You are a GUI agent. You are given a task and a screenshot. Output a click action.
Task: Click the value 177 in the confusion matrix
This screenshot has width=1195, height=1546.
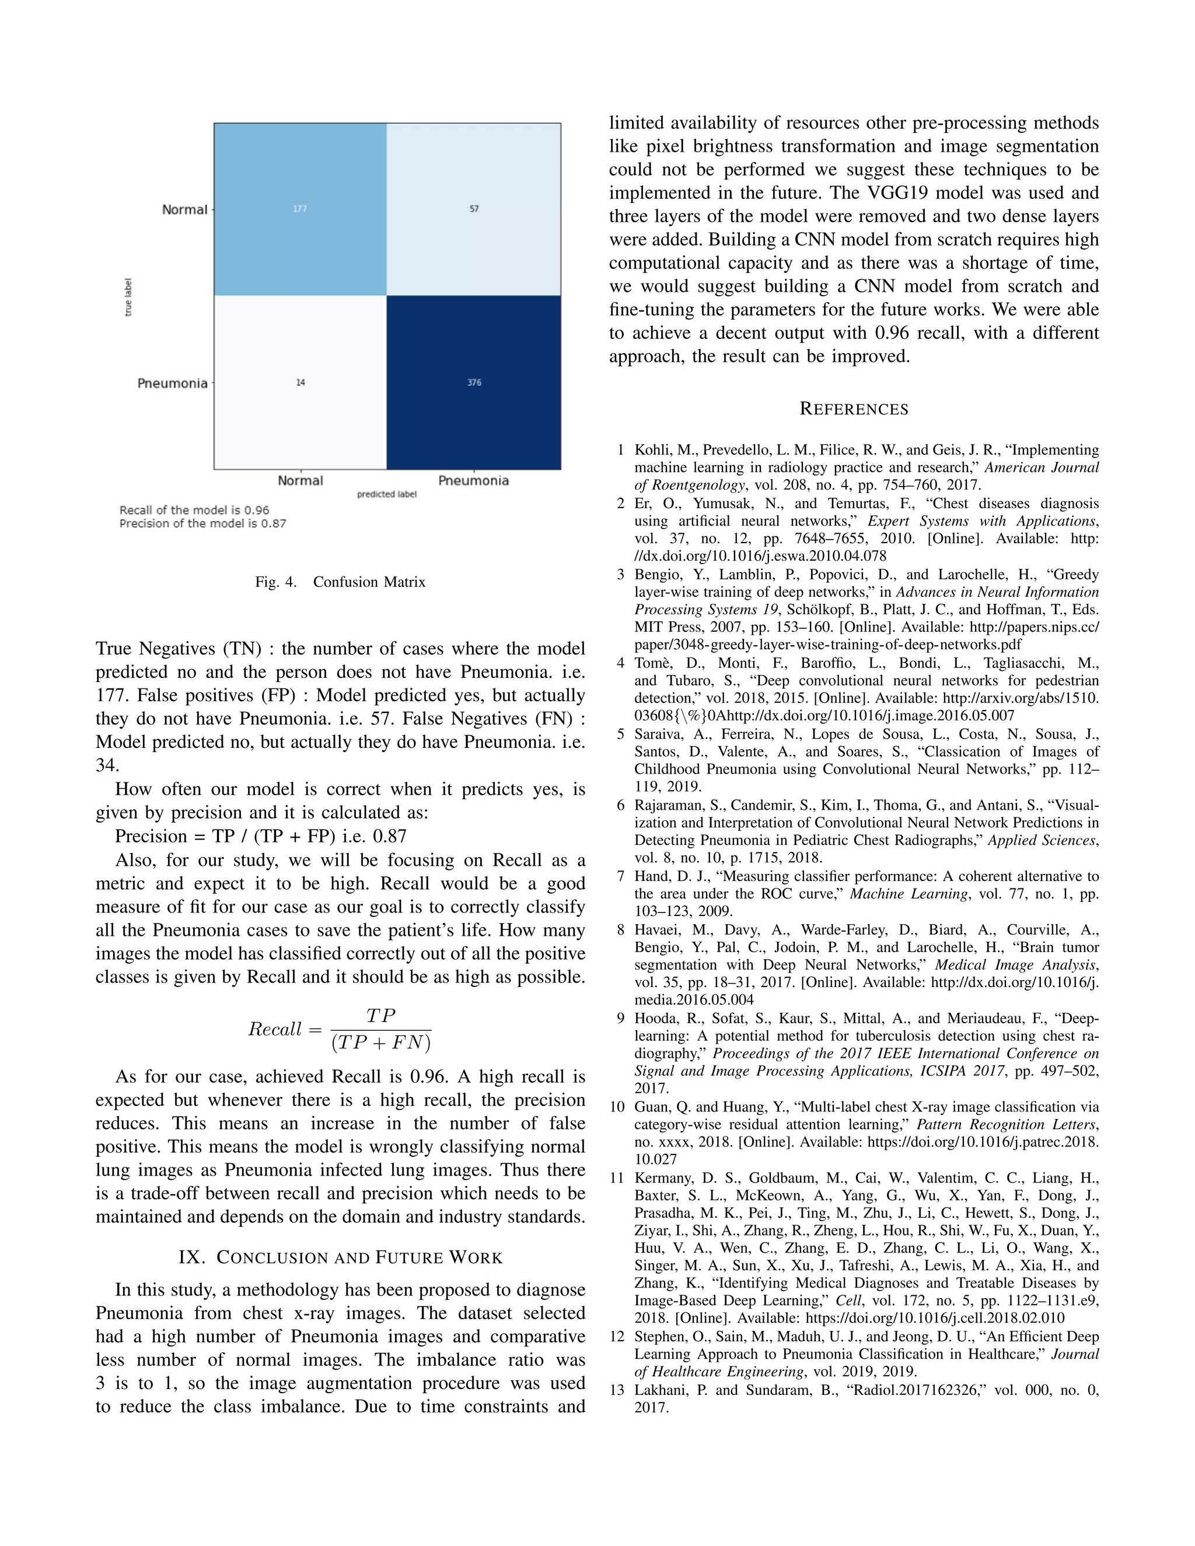coord(300,209)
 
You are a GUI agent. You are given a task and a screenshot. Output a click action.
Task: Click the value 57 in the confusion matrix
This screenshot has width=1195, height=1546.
coord(474,209)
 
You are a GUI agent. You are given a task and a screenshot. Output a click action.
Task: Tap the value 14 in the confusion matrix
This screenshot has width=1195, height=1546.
coord(300,382)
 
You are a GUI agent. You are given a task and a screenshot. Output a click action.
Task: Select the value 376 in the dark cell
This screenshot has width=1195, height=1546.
coord(474,382)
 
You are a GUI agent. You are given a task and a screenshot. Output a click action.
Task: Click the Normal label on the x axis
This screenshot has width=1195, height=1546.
coord(300,481)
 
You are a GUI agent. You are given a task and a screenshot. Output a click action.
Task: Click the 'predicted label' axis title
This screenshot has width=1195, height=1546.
coord(386,494)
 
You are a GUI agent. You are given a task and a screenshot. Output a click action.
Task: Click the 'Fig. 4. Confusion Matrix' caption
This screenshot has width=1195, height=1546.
coord(341,582)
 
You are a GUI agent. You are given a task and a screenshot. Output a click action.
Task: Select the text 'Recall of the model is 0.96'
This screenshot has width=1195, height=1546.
coord(194,510)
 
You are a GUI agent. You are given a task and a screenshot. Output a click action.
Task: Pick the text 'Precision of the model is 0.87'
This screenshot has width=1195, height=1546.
coord(202,523)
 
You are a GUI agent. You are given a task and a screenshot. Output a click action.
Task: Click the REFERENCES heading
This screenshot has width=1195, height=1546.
coord(854,409)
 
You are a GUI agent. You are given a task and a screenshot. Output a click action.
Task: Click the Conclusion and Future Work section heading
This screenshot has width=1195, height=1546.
coord(341,1258)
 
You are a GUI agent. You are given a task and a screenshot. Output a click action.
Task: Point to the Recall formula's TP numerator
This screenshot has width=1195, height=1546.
coord(381,1016)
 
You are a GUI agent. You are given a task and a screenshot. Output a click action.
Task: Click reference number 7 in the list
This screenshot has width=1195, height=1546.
coord(620,876)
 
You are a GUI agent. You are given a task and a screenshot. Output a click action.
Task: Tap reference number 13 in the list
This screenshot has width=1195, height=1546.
coord(617,1390)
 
